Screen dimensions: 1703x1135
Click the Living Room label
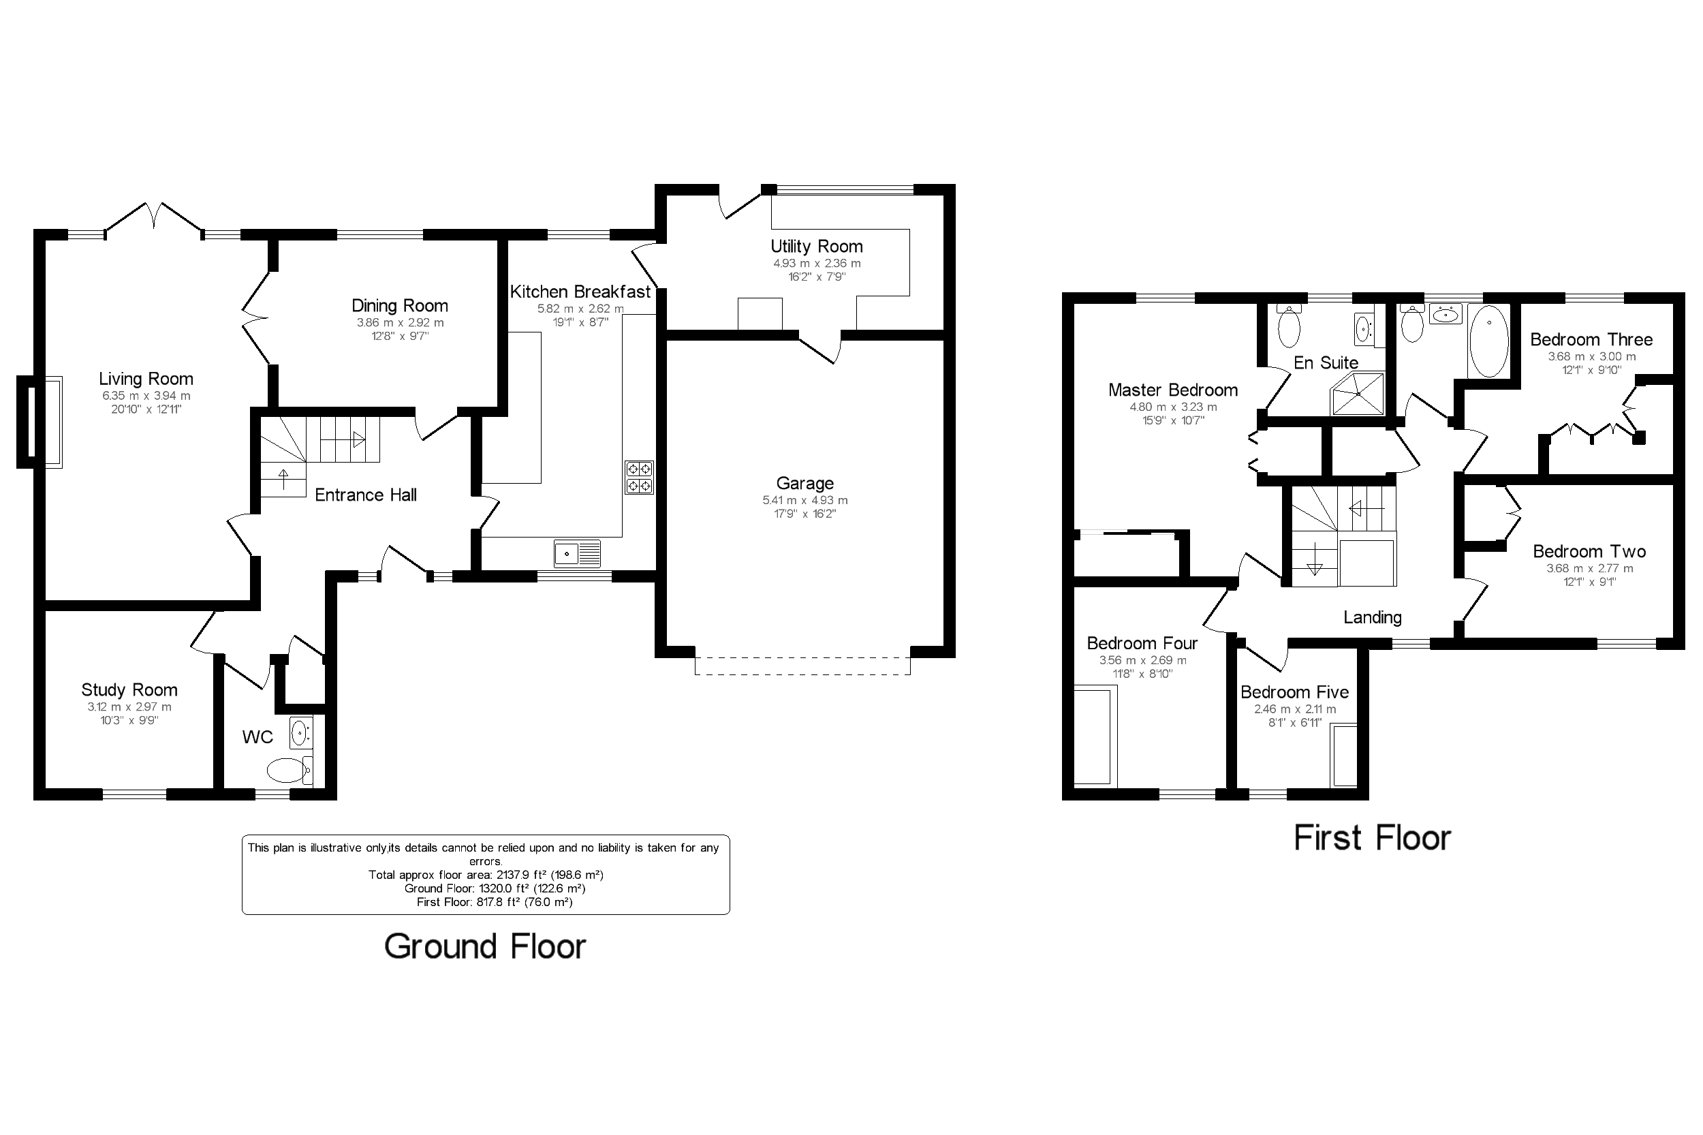(x=146, y=379)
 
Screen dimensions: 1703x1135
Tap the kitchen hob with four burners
(x=639, y=477)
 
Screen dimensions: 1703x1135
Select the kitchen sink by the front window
(x=577, y=554)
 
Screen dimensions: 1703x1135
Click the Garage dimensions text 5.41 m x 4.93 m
(x=804, y=500)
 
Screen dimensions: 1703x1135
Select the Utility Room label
(x=816, y=246)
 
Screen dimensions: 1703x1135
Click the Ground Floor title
(x=485, y=946)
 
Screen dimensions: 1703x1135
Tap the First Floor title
(x=1372, y=838)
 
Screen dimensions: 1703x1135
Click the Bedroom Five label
(x=1295, y=692)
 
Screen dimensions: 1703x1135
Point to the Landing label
(x=1372, y=617)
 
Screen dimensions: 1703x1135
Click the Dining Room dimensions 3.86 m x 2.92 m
(x=401, y=323)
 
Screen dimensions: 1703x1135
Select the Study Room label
(x=129, y=690)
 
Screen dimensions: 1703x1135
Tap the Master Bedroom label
(x=1173, y=390)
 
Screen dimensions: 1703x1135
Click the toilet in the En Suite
(x=1289, y=326)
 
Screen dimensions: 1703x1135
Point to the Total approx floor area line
(x=486, y=875)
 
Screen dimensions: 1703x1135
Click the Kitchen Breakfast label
(x=580, y=292)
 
